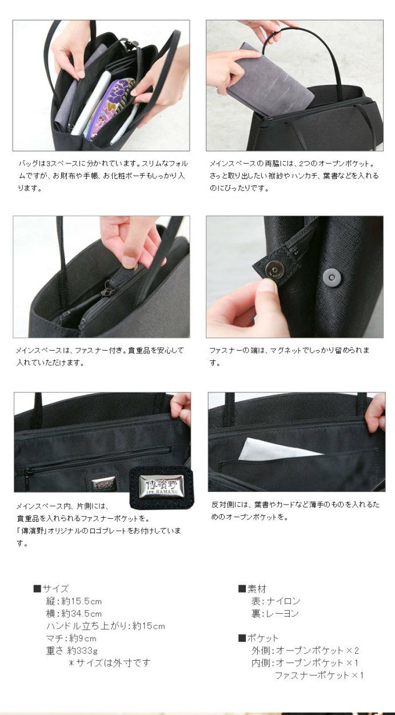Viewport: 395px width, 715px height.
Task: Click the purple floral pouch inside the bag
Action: point(108,109)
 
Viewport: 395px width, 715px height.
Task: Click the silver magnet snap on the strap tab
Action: point(272,268)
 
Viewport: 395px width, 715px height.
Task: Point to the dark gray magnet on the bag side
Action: point(330,276)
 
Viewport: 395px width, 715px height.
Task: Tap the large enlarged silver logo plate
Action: point(161,486)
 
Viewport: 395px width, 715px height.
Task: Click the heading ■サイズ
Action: point(51,588)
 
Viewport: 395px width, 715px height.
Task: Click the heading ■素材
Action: point(252,588)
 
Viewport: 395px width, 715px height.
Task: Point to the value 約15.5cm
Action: point(81,601)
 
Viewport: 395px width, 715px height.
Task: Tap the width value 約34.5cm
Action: point(81,614)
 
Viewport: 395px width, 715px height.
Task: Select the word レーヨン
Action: point(283,613)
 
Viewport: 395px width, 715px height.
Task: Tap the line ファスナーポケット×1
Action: point(319,675)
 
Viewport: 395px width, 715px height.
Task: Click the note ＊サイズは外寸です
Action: point(109,662)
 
